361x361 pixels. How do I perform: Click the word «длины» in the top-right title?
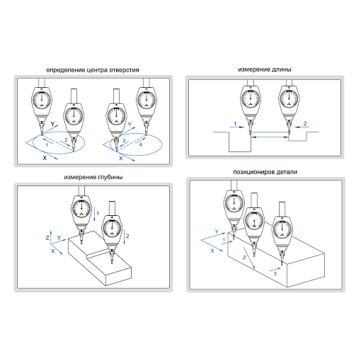(x=282, y=69)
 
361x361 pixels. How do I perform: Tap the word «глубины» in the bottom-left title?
(x=110, y=177)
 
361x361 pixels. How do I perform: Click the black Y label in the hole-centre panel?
(x=52, y=124)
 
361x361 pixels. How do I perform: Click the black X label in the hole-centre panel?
(x=45, y=158)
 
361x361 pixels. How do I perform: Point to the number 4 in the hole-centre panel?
(x=141, y=144)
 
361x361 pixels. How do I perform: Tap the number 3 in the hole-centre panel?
(x=124, y=141)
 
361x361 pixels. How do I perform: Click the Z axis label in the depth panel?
(x=47, y=238)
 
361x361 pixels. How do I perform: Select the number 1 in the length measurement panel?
(x=235, y=123)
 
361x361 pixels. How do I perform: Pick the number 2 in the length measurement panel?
(x=305, y=123)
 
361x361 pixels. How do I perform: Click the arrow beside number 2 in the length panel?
(x=302, y=127)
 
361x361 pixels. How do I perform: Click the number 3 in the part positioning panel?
(x=275, y=273)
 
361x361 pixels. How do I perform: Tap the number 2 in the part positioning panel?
(x=244, y=257)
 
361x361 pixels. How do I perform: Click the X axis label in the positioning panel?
(x=212, y=251)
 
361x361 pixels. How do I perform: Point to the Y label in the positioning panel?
(x=217, y=232)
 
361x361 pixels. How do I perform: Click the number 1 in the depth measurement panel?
(x=98, y=213)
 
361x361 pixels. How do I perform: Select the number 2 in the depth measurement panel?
(x=127, y=236)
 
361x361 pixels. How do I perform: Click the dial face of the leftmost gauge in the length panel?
(x=251, y=98)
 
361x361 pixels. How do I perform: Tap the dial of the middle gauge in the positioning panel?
(x=254, y=221)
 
